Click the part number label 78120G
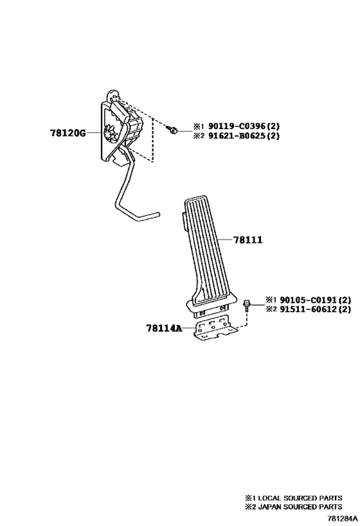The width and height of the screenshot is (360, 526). (x=68, y=133)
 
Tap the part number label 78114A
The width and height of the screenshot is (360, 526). (x=163, y=328)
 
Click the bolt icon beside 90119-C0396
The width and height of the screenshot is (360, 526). (x=172, y=130)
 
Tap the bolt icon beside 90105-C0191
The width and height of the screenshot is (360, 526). (x=247, y=305)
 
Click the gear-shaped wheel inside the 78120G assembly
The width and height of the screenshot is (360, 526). (x=111, y=135)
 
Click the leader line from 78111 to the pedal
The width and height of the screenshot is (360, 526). (x=225, y=240)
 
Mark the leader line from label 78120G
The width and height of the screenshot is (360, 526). (x=94, y=133)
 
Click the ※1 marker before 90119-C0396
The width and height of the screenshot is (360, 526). (x=198, y=127)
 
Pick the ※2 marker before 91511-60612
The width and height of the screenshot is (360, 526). (x=271, y=310)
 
